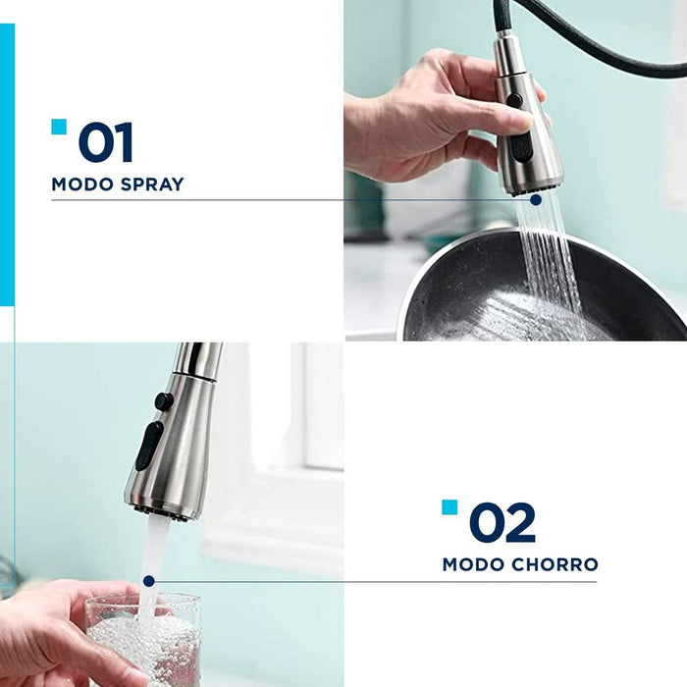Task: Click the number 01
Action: click(106, 142)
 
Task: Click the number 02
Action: click(502, 522)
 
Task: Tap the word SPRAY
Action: click(152, 185)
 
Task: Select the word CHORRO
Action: click(555, 564)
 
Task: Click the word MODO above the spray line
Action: click(82, 185)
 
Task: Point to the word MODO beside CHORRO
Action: click(473, 564)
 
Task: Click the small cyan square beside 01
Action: click(59, 127)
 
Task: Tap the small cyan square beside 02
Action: click(449, 507)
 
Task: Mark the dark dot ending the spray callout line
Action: click(536, 200)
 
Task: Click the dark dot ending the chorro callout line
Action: click(149, 581)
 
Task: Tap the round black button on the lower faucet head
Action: click(164, 401)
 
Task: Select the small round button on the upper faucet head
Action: click(515, 100)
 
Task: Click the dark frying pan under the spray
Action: click(544, 290)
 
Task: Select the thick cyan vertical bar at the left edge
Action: click(7, 164)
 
